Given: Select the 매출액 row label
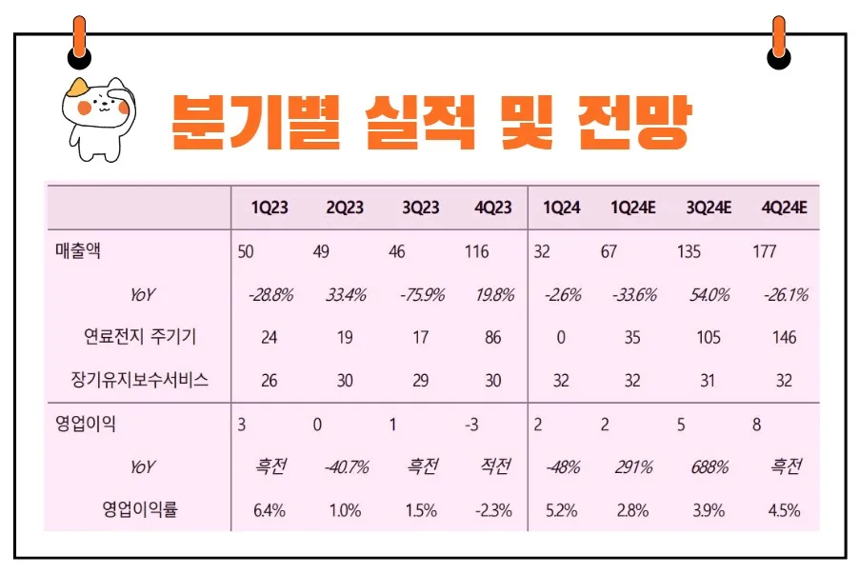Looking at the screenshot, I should pos(79,252).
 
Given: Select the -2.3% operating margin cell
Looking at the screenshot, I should pos(493,509).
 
